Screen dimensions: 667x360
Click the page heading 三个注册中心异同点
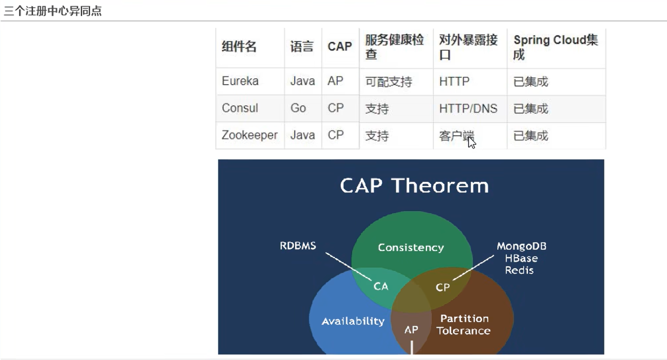pyautogui.click(x=53, y=11)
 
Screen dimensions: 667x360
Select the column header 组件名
pyautogui.click(x=239, y=47)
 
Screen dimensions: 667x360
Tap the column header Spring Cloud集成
pyautogui.click(x=556, y=47)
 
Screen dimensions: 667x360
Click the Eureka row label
pyautogui.click(x=240, y=81)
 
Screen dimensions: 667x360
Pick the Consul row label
pyautogui.click(x=240, y=108)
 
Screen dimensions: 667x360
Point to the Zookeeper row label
pyautogui.click(x=250, y=135)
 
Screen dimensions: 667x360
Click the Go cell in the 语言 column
pyautogui.click(x=298, y=108)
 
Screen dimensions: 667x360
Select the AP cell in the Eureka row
pyautogui.click(x=335, y=81)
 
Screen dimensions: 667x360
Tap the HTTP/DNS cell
pyautogui.click(x=468, y=108)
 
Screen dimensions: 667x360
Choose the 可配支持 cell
pyautogui.click(x=389, y=82)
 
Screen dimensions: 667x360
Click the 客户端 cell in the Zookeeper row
pyautogui.click(x=456, y=136)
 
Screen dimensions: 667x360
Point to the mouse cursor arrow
pyautogui.click(x=472, y=143)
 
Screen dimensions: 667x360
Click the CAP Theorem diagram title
pyautogui.click(x=414, y=185)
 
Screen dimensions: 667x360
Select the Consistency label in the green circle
pyautogui.click(x=411, y=248)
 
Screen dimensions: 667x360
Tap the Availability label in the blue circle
pyautogui.click(x=353, y=321)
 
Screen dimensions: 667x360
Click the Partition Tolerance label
pyautogui.click(x=464, y=325)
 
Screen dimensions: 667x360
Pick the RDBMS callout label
pyautogui.click(x=298, y=246)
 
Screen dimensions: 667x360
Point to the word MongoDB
pyautogui.click(x=522, y=246)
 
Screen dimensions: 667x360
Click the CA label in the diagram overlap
pyautogui.click(x=381, y=286)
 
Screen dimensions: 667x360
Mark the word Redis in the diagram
pyautogui.click(x=519, y=270)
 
